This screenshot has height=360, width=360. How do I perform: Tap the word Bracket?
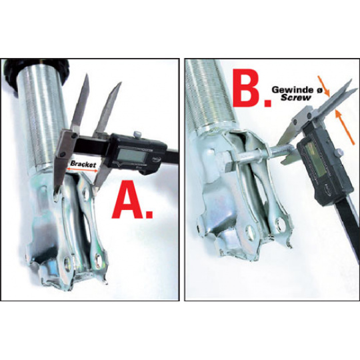83,164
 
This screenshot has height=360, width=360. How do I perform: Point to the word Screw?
296,97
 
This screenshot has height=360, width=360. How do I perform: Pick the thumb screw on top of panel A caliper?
137,133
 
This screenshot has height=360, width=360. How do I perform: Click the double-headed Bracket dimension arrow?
82,170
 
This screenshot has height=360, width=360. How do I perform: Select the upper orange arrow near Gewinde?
324,86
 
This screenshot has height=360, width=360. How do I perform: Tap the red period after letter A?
149,214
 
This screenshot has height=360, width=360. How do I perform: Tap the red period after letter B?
267,103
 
